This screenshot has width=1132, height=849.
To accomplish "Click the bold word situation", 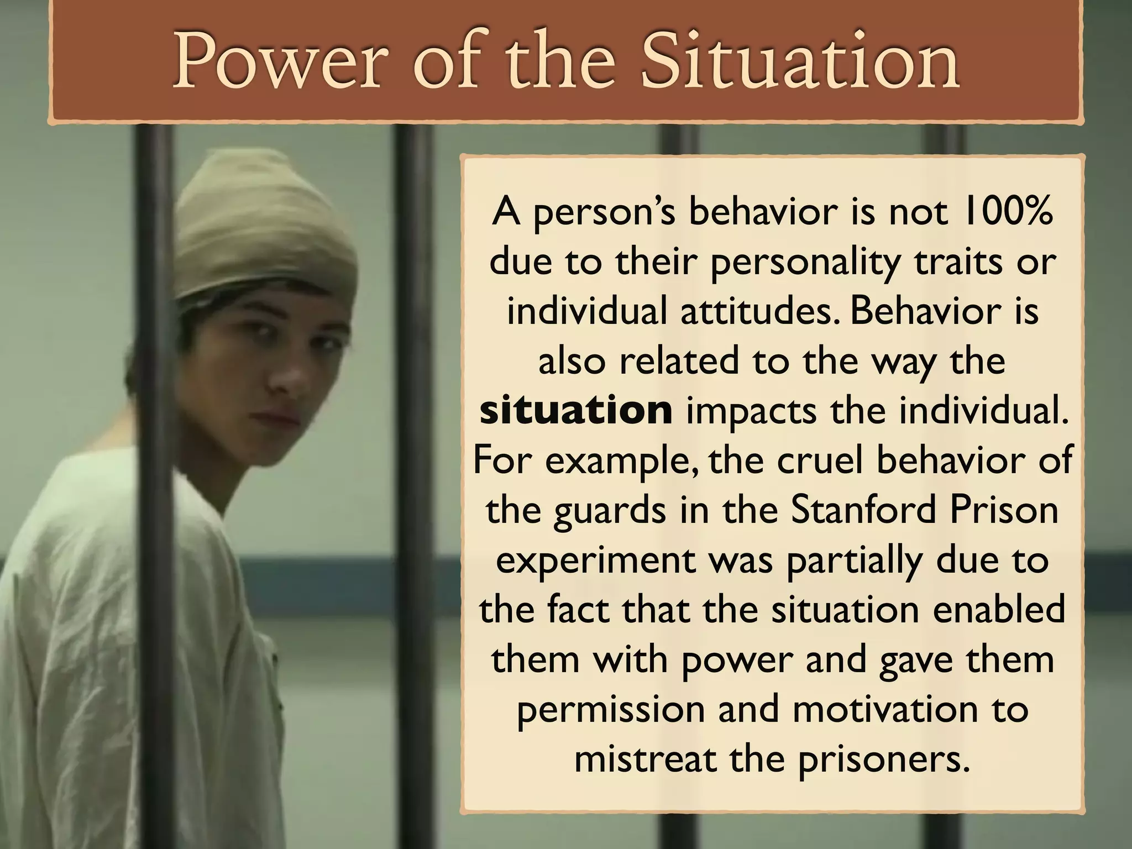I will click(x=576, y=411).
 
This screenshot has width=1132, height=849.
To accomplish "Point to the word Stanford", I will click(x=862, y=510).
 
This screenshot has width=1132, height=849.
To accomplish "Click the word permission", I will click(x=610, y=710).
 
